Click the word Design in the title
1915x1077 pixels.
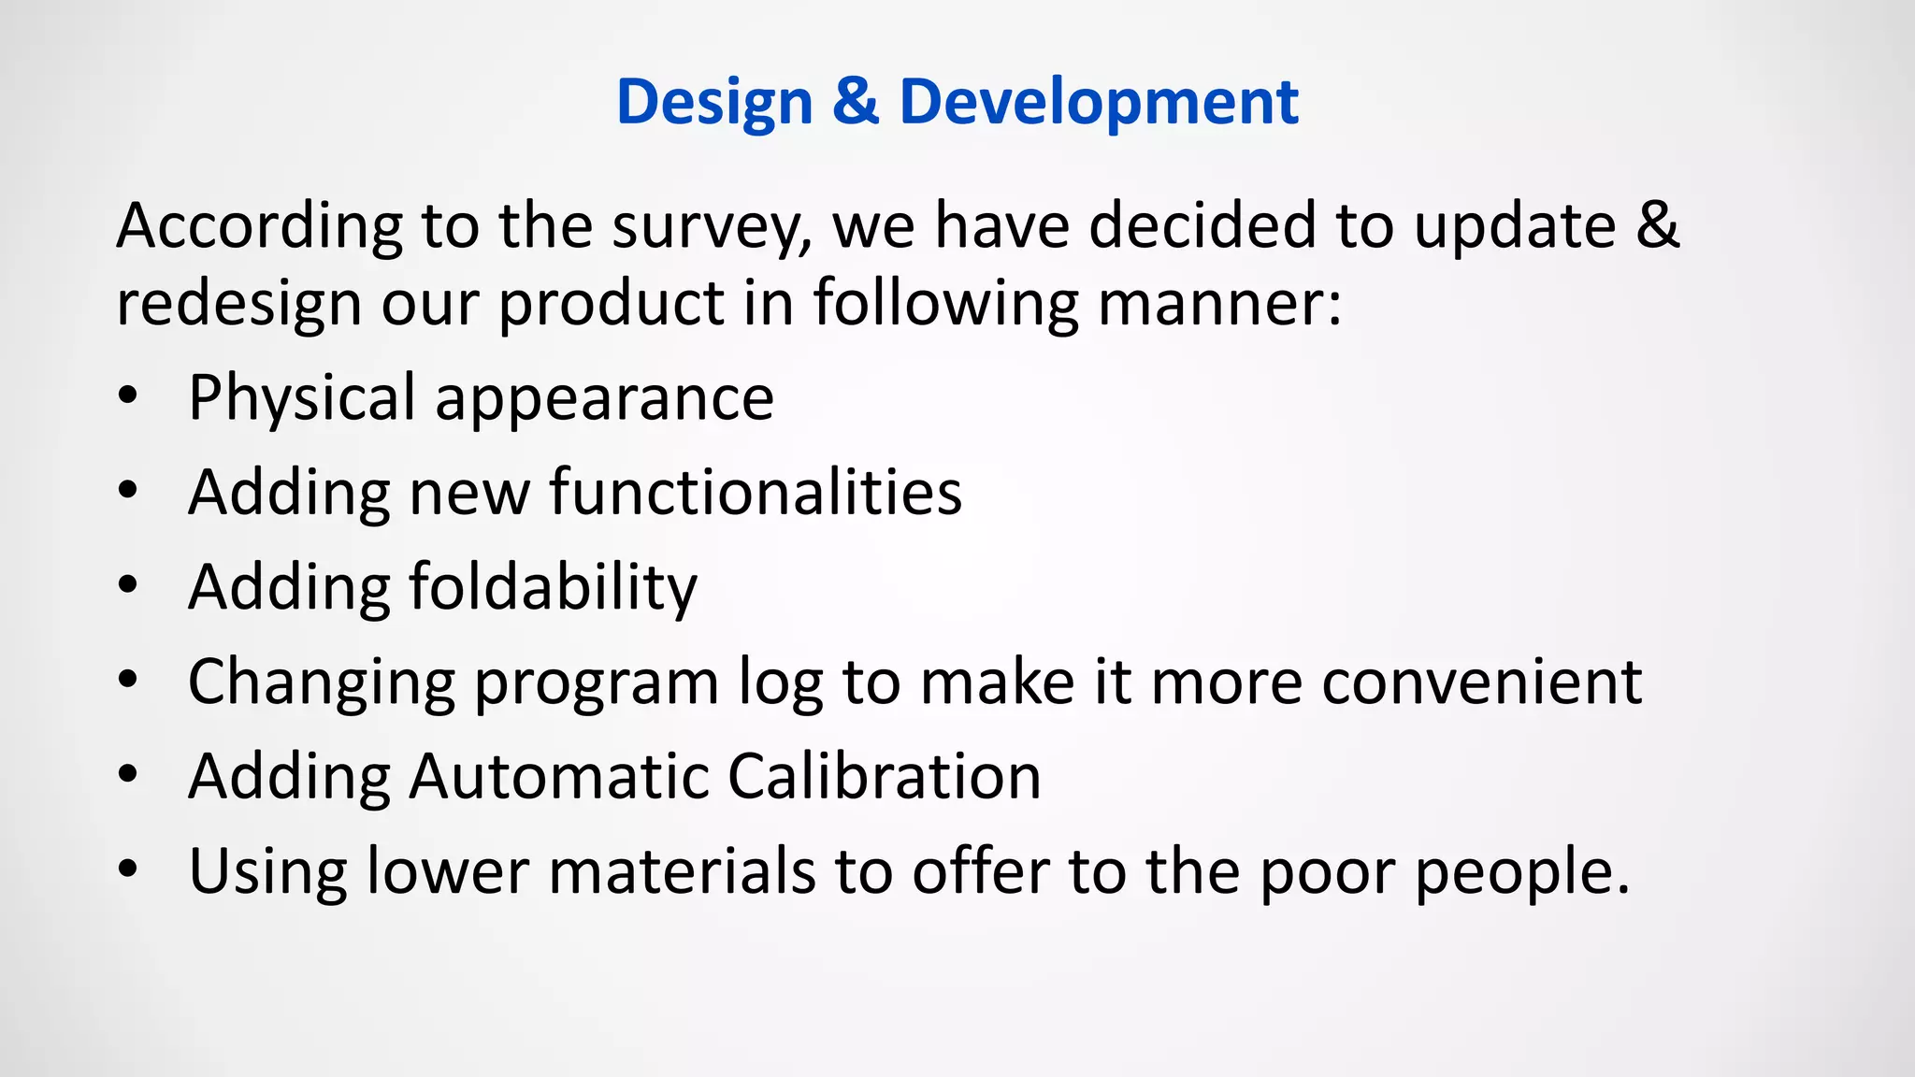point(714,103)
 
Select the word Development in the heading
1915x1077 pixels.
point(1098,103)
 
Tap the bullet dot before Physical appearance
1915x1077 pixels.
point(128,396)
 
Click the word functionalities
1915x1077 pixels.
point(755,492)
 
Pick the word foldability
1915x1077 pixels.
point(553,589)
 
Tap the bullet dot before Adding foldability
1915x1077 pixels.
point(128,585)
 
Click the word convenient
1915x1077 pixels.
point(1481,682)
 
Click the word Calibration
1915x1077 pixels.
point(884,776)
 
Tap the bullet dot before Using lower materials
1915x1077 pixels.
point(128,869)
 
